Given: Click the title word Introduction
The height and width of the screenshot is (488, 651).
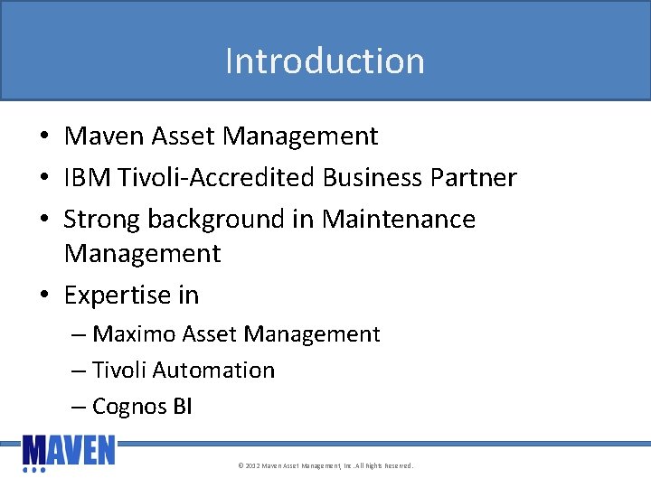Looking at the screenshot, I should point(325,61).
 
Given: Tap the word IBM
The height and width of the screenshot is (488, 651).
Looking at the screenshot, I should point(86,177).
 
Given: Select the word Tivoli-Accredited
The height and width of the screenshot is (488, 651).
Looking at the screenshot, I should point(215,177).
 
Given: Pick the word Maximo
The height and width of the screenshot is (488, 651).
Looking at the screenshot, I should point(135,334).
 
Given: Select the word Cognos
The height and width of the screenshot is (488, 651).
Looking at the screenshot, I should point(129,407).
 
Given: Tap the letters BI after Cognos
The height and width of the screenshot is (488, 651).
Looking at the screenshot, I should point(182,407).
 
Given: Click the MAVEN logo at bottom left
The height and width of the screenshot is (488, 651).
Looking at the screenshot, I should point(69,450).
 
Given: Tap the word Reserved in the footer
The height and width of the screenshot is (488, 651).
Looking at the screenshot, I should point(397,466).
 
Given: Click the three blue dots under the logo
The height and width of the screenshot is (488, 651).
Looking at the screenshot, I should point(33,470).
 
